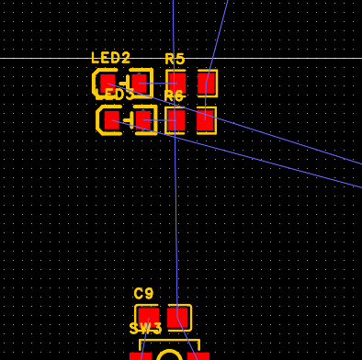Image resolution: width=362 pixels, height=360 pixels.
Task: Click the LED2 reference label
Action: tap(110, 58)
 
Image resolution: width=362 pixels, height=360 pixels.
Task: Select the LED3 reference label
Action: tap(115, 95)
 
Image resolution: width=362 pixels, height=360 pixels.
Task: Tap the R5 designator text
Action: tap(175, 59)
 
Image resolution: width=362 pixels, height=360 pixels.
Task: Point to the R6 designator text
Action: tap(174, 96)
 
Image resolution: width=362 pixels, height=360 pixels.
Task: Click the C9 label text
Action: tap(143, 294)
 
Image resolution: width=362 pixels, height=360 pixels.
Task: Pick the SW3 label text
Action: tap(145, 329)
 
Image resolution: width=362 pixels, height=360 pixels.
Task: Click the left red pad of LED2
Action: tap(108, 83)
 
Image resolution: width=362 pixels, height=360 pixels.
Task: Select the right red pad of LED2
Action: tap(140, 83)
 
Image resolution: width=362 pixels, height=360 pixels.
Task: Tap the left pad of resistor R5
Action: tap(175, 83)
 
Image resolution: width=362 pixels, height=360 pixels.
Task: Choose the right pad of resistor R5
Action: tap(206, 83)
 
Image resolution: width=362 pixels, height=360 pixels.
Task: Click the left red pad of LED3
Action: tap(112, 119)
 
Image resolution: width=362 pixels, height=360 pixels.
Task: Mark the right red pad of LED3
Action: tap(143, 119)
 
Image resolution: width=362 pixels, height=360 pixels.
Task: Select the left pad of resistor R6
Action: tap(175, 119)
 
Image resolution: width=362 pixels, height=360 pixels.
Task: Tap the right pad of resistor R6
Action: tap(205, 119)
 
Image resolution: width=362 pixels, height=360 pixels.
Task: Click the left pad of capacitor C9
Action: tap(148, 317)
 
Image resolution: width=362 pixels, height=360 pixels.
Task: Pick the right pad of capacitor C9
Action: tap(178, 317)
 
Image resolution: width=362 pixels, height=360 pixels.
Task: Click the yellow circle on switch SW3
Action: tap(170, 355)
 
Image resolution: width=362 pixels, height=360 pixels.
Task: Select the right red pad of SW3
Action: tap(198, 355)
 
